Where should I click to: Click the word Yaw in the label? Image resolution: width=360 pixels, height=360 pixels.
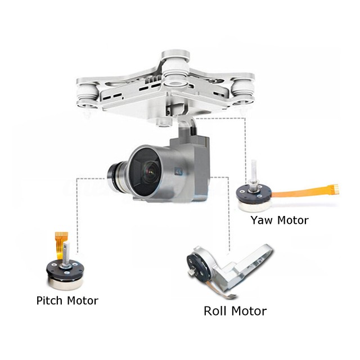pyautogui.click(x=262, y=220)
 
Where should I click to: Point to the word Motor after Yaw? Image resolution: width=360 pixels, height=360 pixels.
pyautogui.click(x=292, y=220)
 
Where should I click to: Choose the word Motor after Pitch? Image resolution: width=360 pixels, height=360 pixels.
pyautogui.click(x=83, y=300)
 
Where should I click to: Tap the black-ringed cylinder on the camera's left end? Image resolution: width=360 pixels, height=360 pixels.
pyautogui.click(x=116, y=175)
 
